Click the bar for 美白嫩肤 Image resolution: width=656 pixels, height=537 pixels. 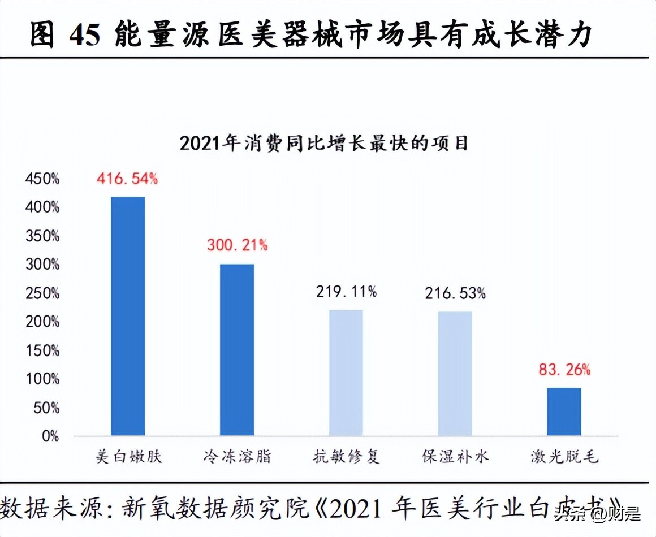click(x=128, y=316)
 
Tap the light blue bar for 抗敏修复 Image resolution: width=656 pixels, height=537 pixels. click(x=346, y=373)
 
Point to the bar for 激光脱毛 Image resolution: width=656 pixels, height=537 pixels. click(x=564, y=411)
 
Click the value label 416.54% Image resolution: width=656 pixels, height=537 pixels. click(x=127, y=179)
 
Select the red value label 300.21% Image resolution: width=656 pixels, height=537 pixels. click(x=237, y=245)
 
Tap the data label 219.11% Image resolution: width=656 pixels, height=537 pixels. click(x=346, y=292)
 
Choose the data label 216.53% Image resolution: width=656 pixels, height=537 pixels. click(x=455, y=293)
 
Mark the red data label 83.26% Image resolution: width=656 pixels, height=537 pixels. click(x=564, y=370)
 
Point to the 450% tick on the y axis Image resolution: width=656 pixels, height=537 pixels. click(x=42, y=179)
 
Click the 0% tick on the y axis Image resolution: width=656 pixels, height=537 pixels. click(x=50, y=436)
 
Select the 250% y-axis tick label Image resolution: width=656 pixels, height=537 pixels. click(x=42, y=293)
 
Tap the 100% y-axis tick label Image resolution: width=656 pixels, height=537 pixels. click(x=42, y=379)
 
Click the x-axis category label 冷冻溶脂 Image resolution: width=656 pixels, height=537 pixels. click(x=237, y=456)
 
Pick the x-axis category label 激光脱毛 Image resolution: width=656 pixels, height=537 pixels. click(x=564, y=456)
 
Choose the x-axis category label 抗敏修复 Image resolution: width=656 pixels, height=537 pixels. click(x=346, y=456)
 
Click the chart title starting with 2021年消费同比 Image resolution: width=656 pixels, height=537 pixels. click(x=324, y=143)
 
